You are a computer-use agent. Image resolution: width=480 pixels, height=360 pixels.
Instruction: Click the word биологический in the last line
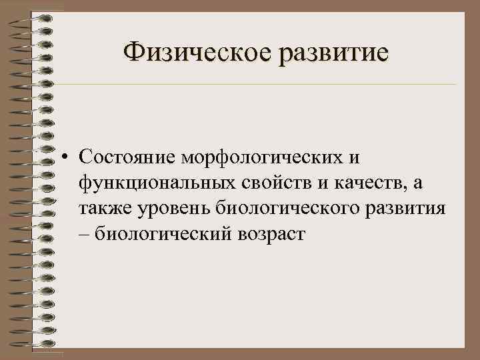pyautogui.click(x=162, y=233)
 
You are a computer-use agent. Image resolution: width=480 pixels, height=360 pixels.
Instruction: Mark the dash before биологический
pyautogui.click(x=83, y=233)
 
